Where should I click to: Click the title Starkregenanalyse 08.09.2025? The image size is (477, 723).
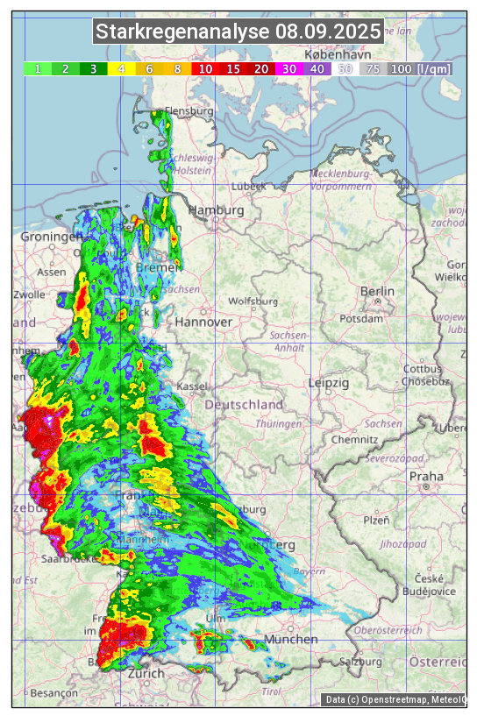238,32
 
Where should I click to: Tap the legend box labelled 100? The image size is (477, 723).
401,68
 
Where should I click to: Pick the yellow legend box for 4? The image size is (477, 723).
121,68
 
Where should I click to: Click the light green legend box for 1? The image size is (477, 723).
38,68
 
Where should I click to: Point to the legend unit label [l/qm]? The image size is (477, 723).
434,68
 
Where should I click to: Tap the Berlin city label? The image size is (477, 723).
377,291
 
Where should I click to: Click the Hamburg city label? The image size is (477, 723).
216,210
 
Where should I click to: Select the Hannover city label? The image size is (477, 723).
203,322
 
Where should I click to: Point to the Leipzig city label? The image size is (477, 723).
329,383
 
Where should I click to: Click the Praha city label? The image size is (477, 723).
426,477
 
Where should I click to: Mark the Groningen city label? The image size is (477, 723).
51,237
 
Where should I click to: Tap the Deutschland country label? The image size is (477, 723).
244,405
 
